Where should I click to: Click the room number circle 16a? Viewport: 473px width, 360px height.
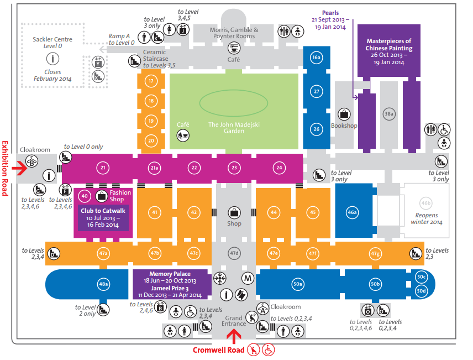click(x=316, y=58)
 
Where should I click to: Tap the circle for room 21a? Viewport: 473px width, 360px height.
click(x=155, y=168)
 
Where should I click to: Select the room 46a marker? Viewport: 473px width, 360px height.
click(x=353, y=212)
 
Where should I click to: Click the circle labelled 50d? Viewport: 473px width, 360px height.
click(x=421, y=291)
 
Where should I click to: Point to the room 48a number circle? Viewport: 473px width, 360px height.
click(x=103, y=284)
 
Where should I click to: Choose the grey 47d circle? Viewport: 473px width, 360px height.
click(x=234, y=253)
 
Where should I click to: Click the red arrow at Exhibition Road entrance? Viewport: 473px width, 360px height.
click(x=19, y=168)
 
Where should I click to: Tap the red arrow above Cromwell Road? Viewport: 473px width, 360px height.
click(x=234, y=336)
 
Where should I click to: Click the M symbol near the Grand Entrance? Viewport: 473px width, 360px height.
click(x=248, y=278)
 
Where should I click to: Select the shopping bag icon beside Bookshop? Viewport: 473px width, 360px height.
click(x=344, y=114)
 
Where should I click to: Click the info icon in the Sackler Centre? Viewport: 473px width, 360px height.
click(x=52, y=59)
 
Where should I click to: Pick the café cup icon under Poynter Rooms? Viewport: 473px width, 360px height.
click(x=234, y=48)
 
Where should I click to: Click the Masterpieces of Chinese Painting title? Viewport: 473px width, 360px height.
click(x=389, y=45)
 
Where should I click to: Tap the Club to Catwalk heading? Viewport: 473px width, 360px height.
click(x=103, y=211)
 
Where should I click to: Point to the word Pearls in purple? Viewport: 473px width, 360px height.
click(x=330, y=13)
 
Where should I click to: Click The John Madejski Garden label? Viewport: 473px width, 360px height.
click(x=234, y=127)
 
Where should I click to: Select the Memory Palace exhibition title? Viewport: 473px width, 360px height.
click(x=170, y=274)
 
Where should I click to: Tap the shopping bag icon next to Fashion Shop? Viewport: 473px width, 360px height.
click(x=102, y=196)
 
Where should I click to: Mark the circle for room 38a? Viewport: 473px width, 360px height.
click(x=389, y=114)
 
